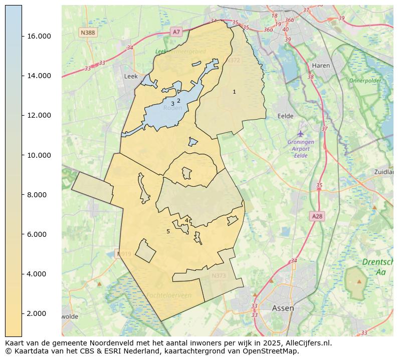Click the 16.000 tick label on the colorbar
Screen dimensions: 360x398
37,37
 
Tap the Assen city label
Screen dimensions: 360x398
283,308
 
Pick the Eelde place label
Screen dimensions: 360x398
285,116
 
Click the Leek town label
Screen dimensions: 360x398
130,77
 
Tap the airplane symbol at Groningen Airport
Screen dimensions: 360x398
300,133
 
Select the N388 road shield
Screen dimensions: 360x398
87,33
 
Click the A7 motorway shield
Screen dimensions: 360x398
176,32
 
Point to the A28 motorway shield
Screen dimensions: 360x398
317,216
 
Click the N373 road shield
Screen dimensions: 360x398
219,276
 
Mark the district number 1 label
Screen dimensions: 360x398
234,92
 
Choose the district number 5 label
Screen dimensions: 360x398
168,232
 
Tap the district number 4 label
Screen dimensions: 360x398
186,220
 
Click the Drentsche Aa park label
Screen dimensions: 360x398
377,267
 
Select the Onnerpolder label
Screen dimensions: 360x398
365,81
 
